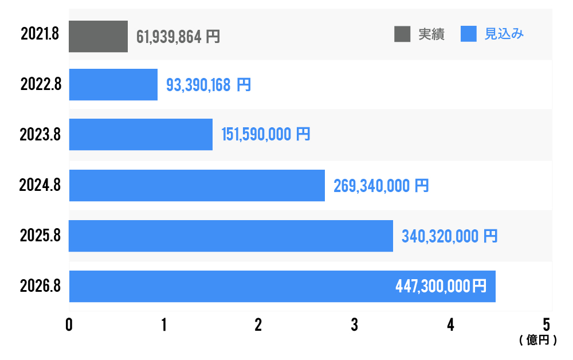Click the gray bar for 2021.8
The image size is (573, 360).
click(98, 37)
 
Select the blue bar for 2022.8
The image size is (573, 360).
click(113, 85)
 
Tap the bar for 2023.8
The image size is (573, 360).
click(140, 135)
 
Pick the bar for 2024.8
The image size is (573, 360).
click(197, 185)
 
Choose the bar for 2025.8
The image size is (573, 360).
click(230, 236)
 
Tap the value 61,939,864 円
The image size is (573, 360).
click(178, 37)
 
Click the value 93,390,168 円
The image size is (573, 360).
click(208, 85)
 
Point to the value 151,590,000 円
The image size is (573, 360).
click(266, 135)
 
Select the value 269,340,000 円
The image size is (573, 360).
click(380, 186)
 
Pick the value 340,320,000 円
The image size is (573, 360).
click(449, 236)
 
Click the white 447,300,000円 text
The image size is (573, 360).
click(441, 286)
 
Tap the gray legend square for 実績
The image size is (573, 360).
click(403, 34)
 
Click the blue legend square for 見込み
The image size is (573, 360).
click(469, 34)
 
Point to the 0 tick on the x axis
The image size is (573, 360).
click(69, 325)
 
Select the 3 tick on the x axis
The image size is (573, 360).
click(355, 325)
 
